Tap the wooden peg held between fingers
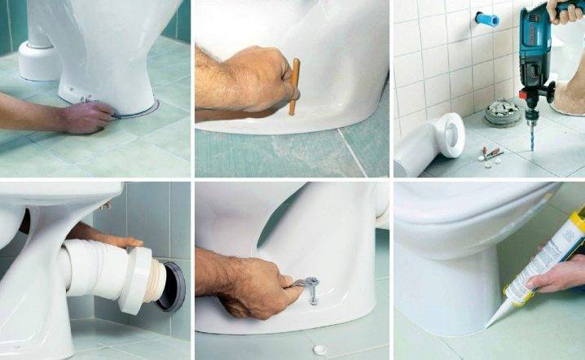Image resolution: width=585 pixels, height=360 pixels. [x=294, y=86]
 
